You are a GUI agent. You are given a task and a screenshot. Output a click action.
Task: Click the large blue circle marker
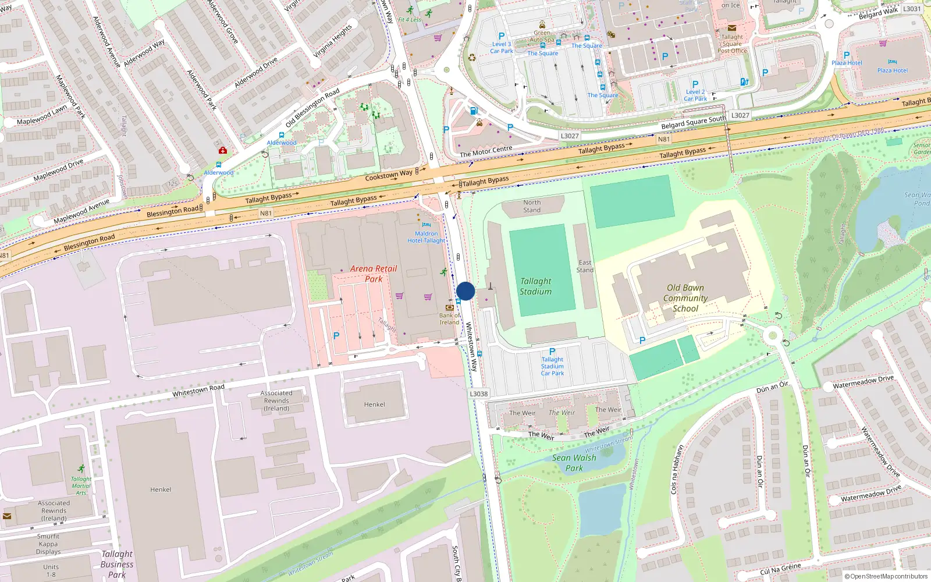tap(465, 291)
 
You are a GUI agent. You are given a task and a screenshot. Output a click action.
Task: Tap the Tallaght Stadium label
tap(535, 286)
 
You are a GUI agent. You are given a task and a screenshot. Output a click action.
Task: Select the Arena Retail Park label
tap(374, 274)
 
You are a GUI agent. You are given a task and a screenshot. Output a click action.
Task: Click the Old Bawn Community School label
tap(685, 298)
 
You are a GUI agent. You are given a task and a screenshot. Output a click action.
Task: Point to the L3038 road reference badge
tap(479, 394)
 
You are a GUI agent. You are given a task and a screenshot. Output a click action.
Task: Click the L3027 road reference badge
tap(740, 115)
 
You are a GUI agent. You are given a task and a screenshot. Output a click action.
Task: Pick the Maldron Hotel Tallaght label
tap(427, 237)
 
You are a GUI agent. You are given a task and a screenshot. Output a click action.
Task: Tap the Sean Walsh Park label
tap(574, 463)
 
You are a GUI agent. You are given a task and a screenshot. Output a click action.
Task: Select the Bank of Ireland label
tap(449, 319)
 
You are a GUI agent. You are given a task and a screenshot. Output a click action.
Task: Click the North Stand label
tap(532, 206)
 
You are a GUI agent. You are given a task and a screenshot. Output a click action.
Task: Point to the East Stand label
tap(585, 266)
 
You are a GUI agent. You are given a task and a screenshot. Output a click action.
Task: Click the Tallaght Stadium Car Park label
tap(552, 366)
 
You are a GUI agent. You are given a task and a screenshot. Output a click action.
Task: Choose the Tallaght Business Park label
tap(117, 564)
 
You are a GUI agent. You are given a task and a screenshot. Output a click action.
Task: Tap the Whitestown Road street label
tap(198, 391)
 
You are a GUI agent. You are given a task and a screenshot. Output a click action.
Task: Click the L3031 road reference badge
tap(912, 9)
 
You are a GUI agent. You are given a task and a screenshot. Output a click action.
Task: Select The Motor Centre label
tap(486, 151)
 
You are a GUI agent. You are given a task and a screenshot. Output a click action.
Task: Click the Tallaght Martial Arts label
tap(81, 485)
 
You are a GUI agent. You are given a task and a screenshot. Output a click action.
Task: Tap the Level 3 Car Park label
tap(502, 47)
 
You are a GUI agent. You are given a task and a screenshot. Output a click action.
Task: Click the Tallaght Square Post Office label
tap(732, 44)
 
